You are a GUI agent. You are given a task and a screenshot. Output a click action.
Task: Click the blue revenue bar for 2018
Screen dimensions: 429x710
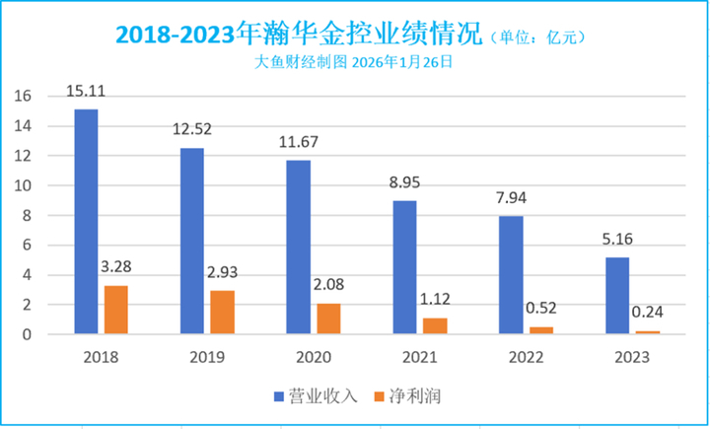(86, 222)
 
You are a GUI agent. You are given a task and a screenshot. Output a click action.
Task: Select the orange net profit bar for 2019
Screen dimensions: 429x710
(223, 313)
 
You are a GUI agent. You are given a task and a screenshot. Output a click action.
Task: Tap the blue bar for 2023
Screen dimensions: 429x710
(616, 296)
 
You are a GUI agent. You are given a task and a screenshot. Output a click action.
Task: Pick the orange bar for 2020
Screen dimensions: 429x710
(328, 319)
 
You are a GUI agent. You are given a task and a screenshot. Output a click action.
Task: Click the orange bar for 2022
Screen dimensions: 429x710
(541, 330)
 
